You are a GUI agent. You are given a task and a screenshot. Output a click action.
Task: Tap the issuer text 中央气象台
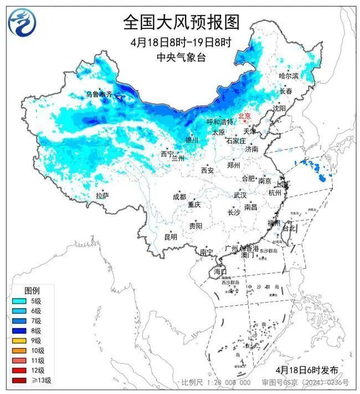click(x=181, y=57)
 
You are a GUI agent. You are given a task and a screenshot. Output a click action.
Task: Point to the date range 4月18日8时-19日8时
click(x=181, y=42)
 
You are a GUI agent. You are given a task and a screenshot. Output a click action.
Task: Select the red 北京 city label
click(x=244, y=116)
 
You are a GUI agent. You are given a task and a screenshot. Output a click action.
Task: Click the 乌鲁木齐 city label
click(x=99, y=95)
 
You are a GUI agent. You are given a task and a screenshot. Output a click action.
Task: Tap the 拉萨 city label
click(x=102, y=195)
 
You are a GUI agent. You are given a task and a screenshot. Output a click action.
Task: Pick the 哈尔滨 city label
click(x=289, y=75)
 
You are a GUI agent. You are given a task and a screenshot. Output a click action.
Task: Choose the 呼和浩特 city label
click(x=220, y=121)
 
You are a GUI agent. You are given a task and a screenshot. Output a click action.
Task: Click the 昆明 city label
click(x=171, y=237)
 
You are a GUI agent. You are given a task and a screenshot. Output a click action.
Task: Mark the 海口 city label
click(x=220, y=272)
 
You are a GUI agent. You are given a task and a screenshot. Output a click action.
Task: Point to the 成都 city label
click(x=179, y=197)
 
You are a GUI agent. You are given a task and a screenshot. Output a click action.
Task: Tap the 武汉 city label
click(x=240, y=195)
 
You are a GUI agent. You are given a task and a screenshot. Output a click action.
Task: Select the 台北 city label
click(x=289, y=228)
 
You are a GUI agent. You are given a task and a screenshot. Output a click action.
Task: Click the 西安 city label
click(x=207, y=171)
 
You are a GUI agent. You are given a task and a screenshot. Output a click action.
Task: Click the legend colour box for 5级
click(x=19, y=300)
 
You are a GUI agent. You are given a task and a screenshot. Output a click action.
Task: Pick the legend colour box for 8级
click(x=19, y=330)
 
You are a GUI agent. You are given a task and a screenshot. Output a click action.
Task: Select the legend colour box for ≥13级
click(x=19, y=380)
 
